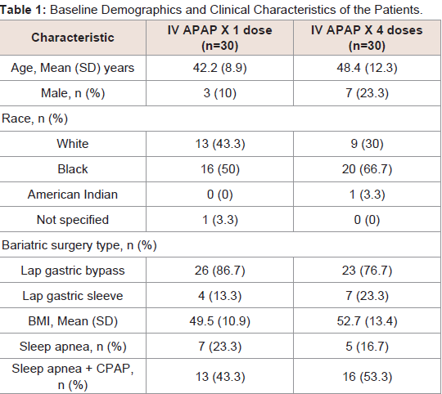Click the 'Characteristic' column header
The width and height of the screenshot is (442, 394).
(73, 38)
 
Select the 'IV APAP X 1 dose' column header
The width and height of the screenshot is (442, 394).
(220, 38)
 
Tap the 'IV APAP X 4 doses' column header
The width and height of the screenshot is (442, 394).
(367, 38)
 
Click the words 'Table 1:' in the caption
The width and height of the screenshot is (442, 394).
(23, 10)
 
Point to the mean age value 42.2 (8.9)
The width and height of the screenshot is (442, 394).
(220, 68)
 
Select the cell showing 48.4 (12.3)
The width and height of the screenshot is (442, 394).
(367, 68)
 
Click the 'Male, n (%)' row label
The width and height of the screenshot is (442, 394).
(73, 93)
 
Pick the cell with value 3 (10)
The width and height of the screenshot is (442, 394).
(220, 93)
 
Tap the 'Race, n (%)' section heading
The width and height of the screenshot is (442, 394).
(34, 119)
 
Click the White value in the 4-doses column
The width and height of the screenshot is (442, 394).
(367, 144)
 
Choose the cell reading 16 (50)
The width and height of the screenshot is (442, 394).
(220, 169)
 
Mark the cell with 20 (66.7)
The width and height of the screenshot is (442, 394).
(367, 169)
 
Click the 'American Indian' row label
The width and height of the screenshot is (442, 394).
(73, 195)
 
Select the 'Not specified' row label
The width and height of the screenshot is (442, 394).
(73, 220)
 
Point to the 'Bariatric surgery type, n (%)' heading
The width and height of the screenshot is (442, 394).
(79, 245)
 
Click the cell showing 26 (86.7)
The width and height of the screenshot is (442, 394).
(220, 271)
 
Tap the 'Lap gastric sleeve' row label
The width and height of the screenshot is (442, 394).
(73, 296)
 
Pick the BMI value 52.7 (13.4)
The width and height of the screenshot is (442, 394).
(367, 321)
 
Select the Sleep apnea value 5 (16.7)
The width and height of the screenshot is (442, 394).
(367, 347)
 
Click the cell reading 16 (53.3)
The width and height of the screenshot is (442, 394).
(367, 377)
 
